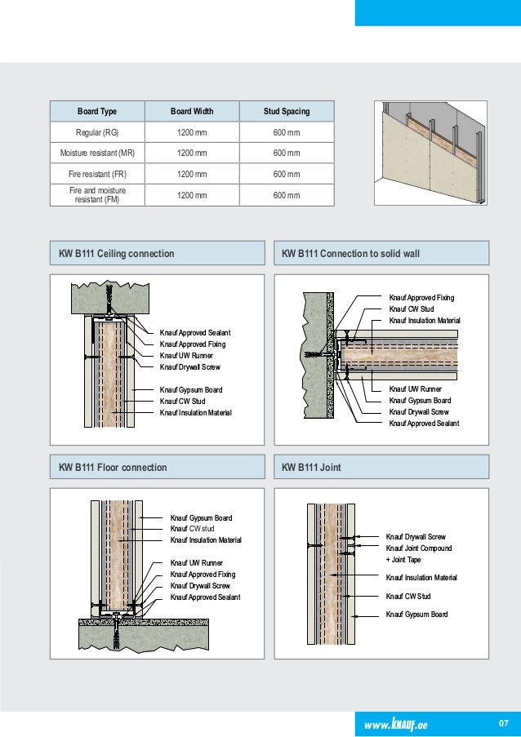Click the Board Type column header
[97, 110]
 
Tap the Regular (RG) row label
[97, 132]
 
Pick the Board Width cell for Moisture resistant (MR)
[192, 153]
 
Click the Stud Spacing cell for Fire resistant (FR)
[286, 174]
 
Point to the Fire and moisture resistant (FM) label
[97, 194]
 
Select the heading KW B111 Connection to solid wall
[350, 254]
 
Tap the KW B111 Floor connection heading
[113, 468]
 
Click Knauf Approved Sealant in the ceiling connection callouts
[195, 333]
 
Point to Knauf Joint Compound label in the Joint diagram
[419, 548]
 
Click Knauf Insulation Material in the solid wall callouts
[425, 321]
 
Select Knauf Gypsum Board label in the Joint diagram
[416, 614]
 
